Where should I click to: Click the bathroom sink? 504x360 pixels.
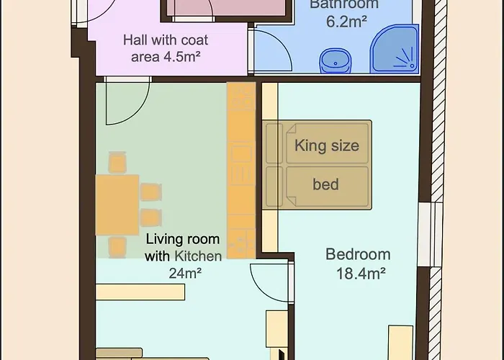point(335,61)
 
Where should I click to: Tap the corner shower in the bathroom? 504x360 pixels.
point(395,48)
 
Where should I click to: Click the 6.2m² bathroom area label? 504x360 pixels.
point(346,22)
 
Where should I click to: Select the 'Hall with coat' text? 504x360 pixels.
point(166,40)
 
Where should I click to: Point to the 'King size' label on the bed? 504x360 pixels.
point(327,145)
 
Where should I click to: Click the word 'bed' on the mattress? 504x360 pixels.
point(325,184)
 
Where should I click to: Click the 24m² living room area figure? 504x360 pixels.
point(185,274)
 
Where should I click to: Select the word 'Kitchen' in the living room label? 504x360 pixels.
point(198,256)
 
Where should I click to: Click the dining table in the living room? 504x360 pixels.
point(117,204)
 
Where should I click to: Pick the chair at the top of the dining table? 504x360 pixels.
point(117,163)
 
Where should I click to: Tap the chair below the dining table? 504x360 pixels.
point(117,247)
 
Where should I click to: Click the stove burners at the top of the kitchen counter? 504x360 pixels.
point(241,96)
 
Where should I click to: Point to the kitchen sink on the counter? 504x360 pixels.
point(241,153)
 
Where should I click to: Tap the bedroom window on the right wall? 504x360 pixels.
point(430,234)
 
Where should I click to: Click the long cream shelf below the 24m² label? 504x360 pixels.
point(140,292)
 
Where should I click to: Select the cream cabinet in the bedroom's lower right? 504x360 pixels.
point(400,343)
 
